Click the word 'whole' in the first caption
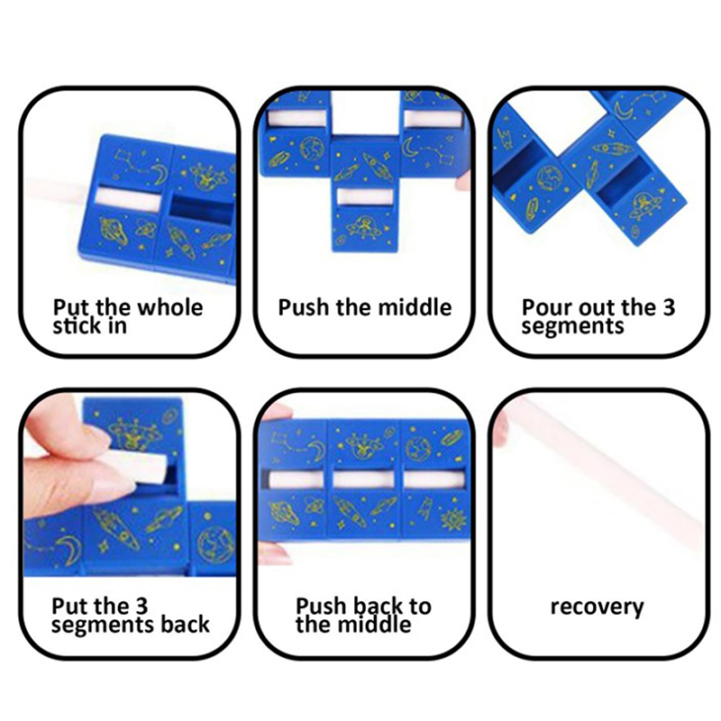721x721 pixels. tap(170, 306)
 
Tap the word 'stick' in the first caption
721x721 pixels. tap(75, 325)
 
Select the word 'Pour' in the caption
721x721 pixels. tap(545, 307)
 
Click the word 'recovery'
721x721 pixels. tap(597, 607)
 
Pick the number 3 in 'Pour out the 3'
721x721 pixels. tap(668, 307)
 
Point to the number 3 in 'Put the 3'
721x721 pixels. tap(141, 606)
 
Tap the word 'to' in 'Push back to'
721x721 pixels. tap(421, 606)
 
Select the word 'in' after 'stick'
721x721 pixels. tap(117, 325)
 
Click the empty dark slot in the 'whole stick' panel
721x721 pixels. tap(201, 210)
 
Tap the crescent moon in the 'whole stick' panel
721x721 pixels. tap(159, 174)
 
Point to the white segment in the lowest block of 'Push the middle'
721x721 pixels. tap(365, 196)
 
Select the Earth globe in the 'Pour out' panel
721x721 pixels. tap(549, 179)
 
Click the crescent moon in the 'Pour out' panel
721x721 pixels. tap(625, 110)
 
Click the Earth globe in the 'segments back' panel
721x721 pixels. tap(215, 545)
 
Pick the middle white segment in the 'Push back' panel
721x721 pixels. tap(363, 479)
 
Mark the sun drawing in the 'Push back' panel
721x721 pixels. tap(453, 520)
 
